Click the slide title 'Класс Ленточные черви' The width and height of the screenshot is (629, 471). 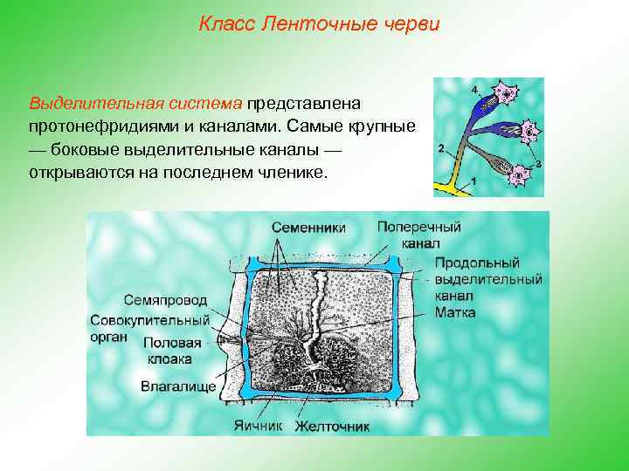point(319,24)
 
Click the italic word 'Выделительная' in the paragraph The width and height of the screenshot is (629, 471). point(84,104)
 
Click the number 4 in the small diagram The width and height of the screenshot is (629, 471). point(474,90)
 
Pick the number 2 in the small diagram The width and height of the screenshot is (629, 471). point(441,147)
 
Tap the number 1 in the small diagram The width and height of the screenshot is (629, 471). point(473,180)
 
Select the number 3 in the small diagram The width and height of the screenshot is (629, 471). point(537,163)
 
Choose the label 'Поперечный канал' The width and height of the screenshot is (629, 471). point(418,235)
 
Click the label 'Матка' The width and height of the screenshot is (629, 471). point(454,311)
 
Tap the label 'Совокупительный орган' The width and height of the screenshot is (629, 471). point(149,328)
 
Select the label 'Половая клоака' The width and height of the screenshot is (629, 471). point(172,351)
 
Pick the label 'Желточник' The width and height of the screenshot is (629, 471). point(332,427)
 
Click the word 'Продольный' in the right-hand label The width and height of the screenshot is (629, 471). point(476,263)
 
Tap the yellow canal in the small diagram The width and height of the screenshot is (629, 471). point(459,187)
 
